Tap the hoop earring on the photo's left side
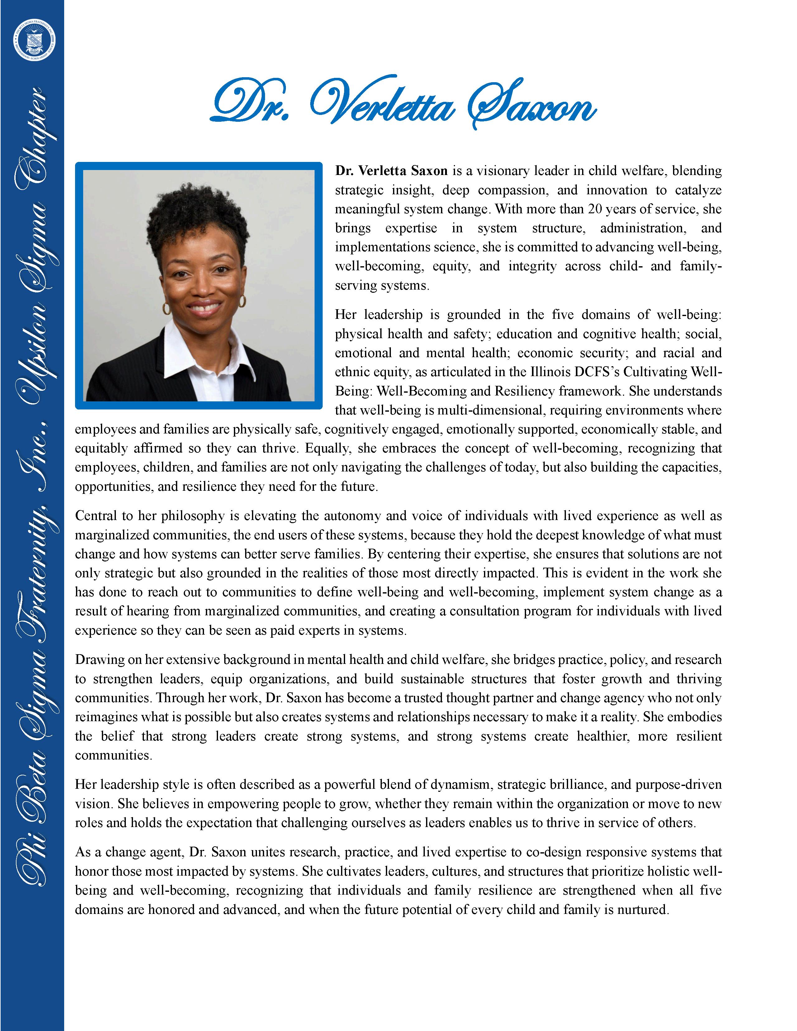[167, 308]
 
